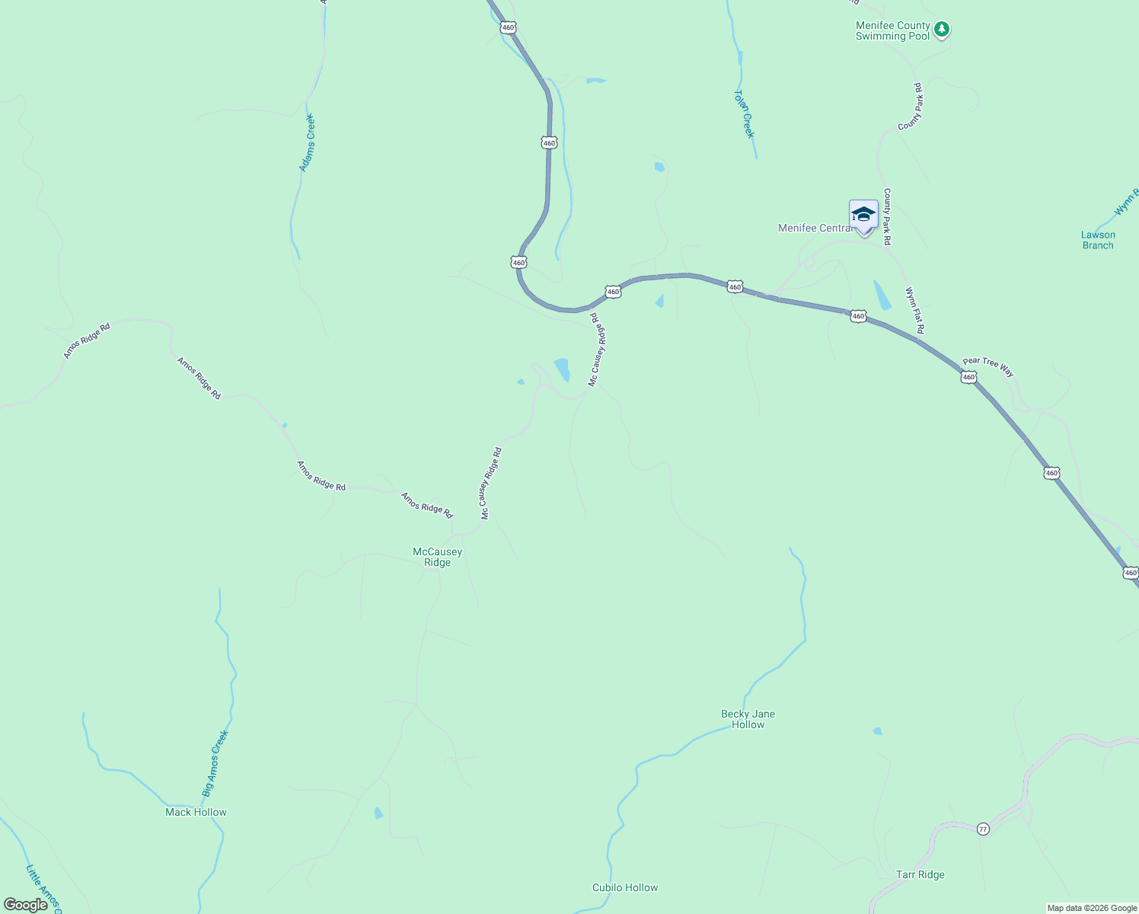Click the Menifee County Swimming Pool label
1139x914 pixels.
pos(892,31)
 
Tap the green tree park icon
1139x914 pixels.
pos(942,30)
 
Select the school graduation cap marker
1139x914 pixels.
pos(863,215)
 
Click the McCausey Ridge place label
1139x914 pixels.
pos(437,557)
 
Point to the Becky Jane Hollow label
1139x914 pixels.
pos(748,719)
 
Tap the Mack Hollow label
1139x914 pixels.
pos(196,812)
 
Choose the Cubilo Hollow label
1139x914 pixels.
pos(624,887)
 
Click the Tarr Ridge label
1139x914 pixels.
pos(920,874)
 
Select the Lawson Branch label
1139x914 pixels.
pos(1097,240)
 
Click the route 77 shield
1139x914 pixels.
pos(983,829)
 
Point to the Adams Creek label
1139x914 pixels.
pos(306,142)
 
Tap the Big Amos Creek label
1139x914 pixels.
pos(215,763)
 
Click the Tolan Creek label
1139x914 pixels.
pos(744,114)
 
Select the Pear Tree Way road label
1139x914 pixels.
pos(987,366)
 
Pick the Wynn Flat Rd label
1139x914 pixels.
pos(914,311)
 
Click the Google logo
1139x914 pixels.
pos(25,905)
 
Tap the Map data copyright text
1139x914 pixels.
pos(1091,908)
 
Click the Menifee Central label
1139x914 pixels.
pos(814,228)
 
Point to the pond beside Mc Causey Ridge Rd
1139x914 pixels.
pos(562,369)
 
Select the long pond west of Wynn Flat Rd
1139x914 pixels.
pos(882,296)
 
